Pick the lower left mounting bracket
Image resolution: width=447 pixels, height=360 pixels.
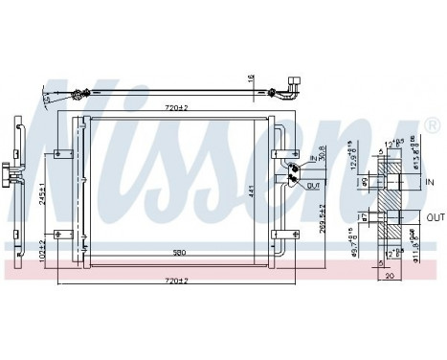coord(64,234)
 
